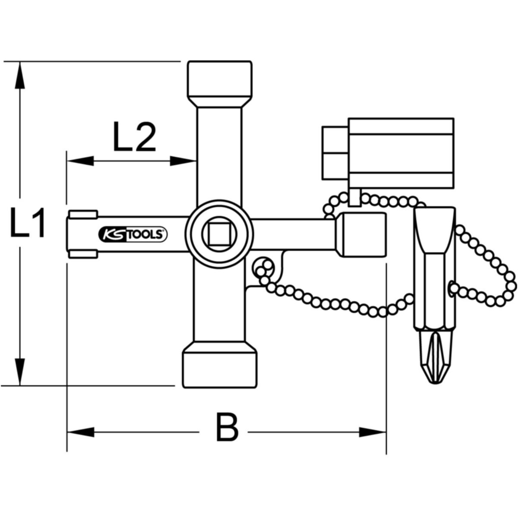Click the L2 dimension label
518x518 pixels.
point(134,136)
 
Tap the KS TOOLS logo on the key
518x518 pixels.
point(133,234)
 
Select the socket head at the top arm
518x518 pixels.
point(220,83)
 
